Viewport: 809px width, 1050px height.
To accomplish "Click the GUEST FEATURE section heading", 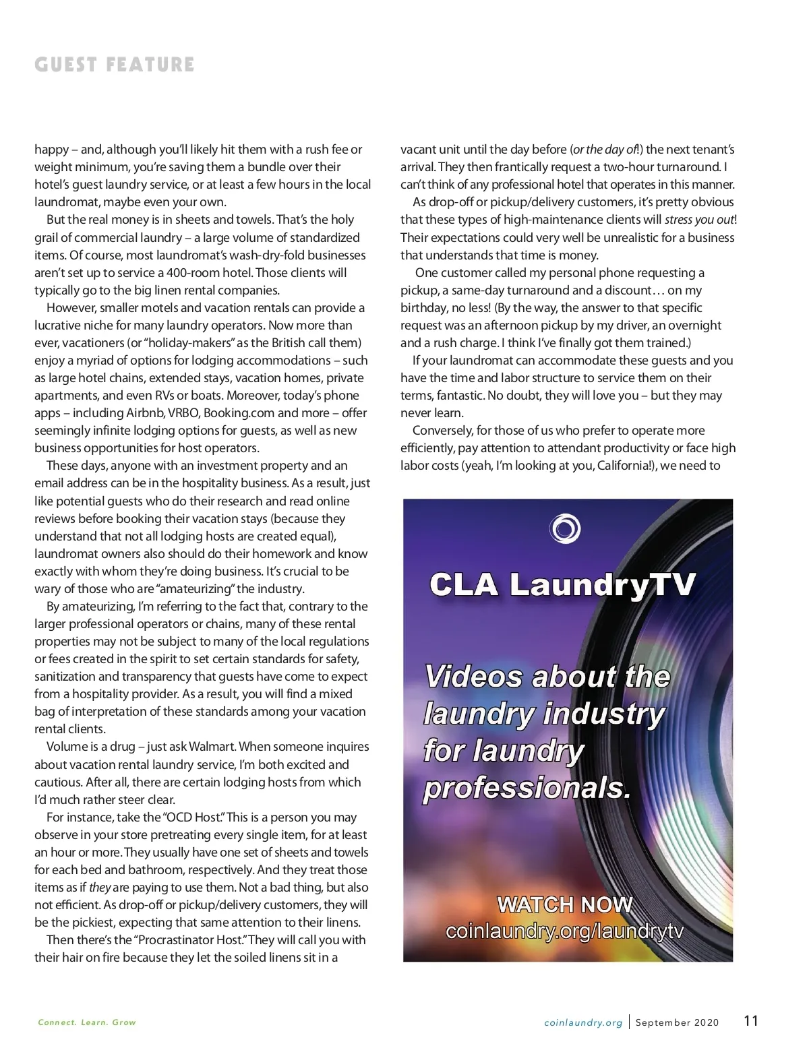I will [115, 65].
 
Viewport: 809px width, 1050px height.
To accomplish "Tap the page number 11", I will [751, 1021].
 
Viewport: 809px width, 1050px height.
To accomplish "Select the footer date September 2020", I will [677, 1022].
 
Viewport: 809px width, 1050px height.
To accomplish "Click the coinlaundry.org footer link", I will [583, 1022].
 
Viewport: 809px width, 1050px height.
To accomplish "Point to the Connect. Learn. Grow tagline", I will [87, 1022].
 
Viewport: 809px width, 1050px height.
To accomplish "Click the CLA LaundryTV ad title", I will [562, 584].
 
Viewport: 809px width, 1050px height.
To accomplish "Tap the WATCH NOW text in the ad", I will [565, 904].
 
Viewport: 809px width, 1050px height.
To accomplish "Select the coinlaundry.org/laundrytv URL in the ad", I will [565, 931].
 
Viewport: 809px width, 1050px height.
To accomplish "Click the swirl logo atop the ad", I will [564, 528].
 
